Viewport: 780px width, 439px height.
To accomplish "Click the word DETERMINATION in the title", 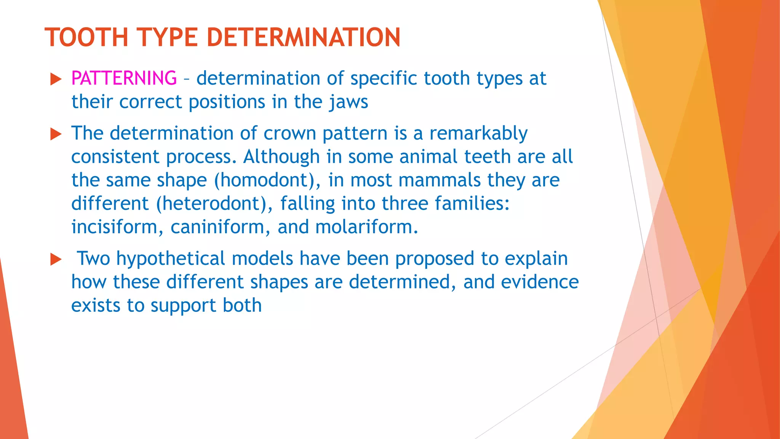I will pyautogui.click(x=303, y=37).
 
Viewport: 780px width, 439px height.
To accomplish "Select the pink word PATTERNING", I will pyautogui.click(x=124, y=78).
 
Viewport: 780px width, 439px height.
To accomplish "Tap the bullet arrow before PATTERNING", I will pyautogui.click(x=56, y=79).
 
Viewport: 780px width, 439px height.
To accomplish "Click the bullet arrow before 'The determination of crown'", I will pyautogui.click(x=56, y=134).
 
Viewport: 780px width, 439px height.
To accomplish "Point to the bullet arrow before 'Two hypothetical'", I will pyautogui.click(x=56, y=260).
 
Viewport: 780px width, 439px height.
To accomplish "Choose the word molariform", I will pyautogui.click(x=366, y=227).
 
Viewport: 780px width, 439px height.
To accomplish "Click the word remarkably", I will pyautogui.click(x=478, y=133).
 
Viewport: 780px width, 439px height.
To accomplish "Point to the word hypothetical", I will pyautogui.click(x=171, y=259).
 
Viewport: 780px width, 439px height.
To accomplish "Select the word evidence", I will pyautogui.click(x=540, y=282).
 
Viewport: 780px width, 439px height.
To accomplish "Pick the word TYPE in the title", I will pyautogui.click(x=167, y=37).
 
